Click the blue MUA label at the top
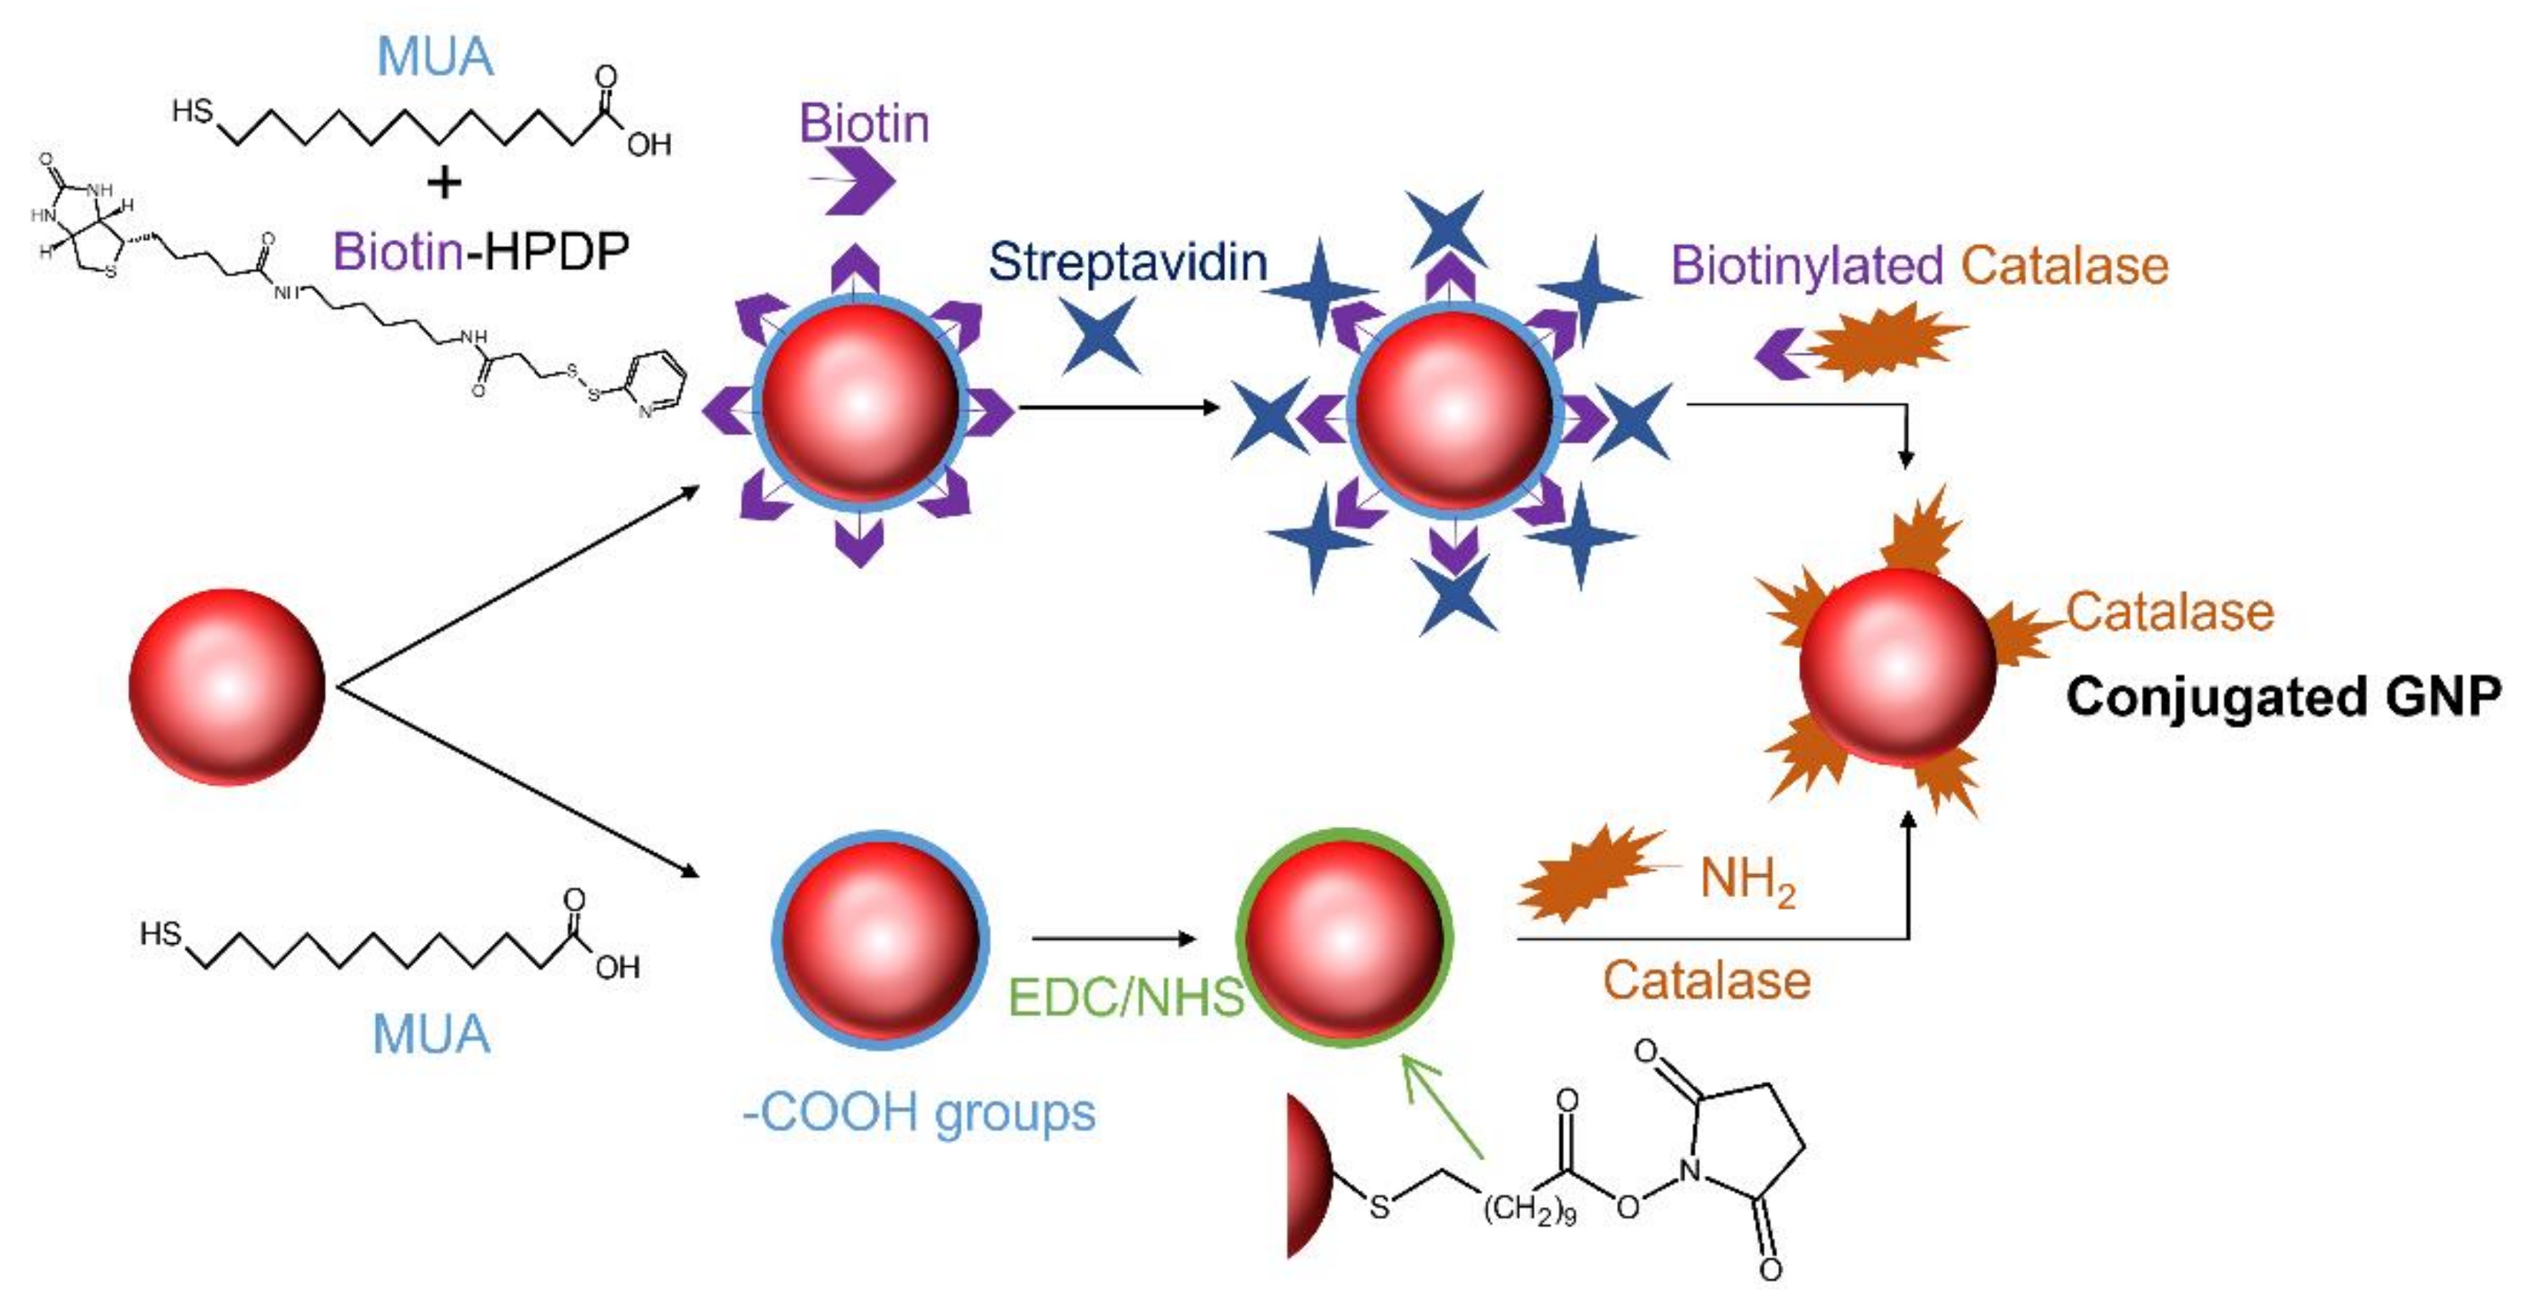(x=435, y=56)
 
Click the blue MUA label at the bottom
(x=431, y=1034)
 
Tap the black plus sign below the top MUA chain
(x=445, y=182)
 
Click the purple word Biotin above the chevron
(x=864, y=124)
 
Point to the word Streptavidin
(x=1128, y=262)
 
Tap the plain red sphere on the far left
(x=226, y=687)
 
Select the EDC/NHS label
(x=1126, y=998)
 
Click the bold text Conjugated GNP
(x=2283, y=697)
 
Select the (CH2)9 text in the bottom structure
(x=1529, y=1210)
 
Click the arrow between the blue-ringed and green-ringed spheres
(x=1114, y=938)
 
